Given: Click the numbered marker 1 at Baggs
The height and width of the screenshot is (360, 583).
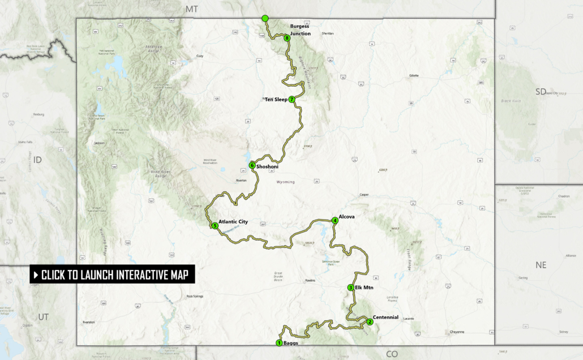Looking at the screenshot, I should (279, 343).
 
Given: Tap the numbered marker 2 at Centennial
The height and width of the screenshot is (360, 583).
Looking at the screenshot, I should (370, 322).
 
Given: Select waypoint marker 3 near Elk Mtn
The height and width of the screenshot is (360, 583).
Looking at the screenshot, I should (351, 288).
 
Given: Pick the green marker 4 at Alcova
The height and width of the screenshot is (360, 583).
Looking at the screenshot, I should (335, 220).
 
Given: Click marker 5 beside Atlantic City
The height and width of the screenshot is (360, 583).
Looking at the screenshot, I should (215, 226).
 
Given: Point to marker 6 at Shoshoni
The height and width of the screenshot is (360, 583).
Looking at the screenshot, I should (252, 166).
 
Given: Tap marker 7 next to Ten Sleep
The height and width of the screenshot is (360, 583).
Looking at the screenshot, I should (291, 100).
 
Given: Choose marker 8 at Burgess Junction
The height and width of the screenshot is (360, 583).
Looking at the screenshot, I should (288, 38).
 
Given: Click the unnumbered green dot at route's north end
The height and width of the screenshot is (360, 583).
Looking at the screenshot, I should (264, 19).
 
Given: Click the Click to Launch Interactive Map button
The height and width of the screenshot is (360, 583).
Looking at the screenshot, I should (113, 275).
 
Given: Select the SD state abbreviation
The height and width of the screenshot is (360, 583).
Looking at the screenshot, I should (541, 92).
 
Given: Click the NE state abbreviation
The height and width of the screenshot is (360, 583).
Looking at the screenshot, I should (541, 265).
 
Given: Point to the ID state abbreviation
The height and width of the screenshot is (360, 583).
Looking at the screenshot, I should (37, 160).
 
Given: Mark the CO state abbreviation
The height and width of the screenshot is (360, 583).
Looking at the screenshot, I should (392, 354).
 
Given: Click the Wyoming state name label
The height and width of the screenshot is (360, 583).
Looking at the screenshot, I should (286, 182).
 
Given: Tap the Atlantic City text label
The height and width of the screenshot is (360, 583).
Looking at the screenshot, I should (233, 222).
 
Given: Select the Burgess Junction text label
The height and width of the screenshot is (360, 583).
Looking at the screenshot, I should (301, 30).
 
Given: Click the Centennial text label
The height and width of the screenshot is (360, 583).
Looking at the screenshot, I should (386, 317).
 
